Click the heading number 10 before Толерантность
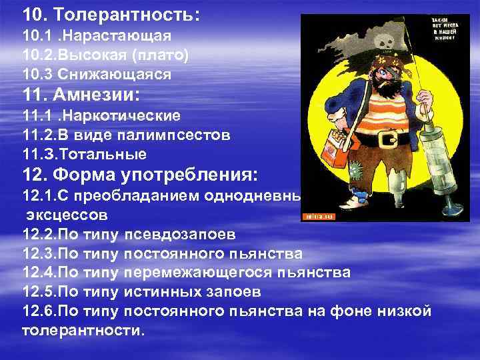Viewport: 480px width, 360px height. pos(31,13)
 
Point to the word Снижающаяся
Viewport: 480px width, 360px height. pos(131,74)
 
